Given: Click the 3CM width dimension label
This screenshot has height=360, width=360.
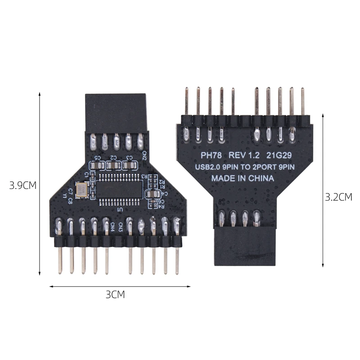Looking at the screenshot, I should [x=115, y=295].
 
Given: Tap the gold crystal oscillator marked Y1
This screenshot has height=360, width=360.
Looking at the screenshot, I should [x=82, y=190].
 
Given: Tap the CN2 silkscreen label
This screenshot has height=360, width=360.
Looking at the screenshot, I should [x=145, y=156].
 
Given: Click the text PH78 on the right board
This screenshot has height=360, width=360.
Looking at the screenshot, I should [x=209, y=155].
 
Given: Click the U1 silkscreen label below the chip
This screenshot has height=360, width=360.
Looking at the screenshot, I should [x=120, y=210].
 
